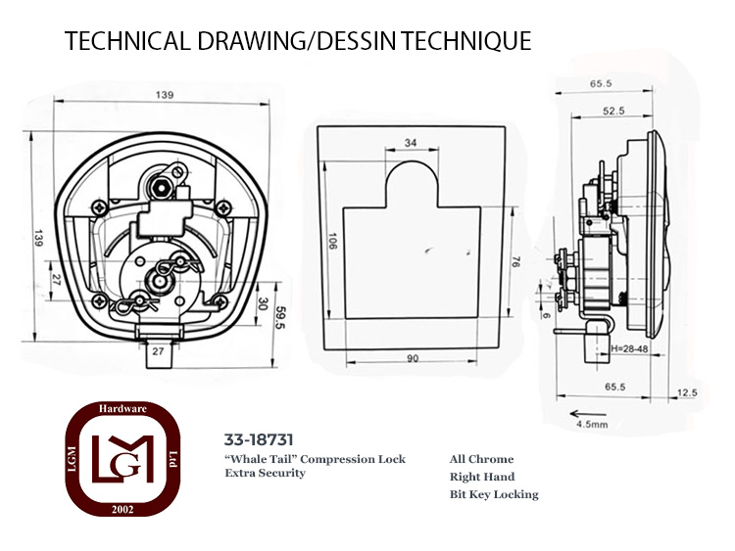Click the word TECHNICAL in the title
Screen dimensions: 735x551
point(128,40)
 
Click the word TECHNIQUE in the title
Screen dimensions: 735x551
point(465,40)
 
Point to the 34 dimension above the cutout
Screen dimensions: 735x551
point(411,142)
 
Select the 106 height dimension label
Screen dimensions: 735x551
point(332,241)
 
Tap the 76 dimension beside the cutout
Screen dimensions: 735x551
point(514,261)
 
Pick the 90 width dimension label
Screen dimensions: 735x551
point(413,358)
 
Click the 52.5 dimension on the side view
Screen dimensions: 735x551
point(613,111)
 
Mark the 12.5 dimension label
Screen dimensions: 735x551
point(687,392)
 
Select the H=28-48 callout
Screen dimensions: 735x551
point(630,349)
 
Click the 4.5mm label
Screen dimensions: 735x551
point(592,425)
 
